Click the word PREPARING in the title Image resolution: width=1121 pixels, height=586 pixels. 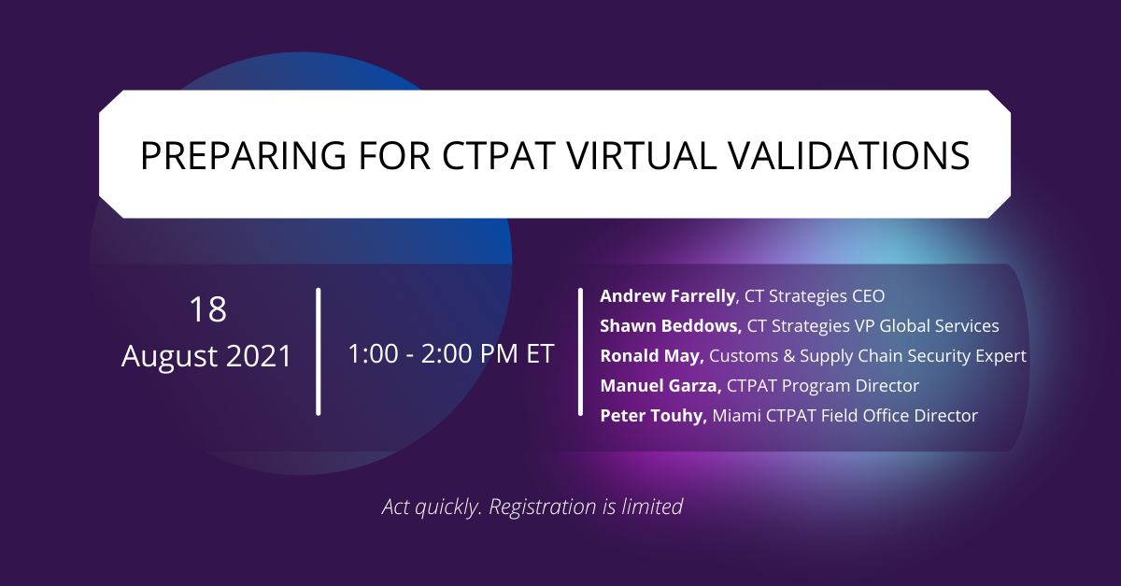(243, 155)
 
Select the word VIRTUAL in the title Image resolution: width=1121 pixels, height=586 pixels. (641, 155)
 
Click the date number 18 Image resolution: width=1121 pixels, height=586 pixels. (207, 309)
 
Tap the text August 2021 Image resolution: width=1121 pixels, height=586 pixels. (206, 356)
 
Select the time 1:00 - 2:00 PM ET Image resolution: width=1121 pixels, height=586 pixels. (450, 353)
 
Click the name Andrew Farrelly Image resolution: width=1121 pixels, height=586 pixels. (668, 296)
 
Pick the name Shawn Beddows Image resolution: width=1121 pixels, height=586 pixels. (671, 326)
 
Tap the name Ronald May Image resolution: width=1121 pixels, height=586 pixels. (652, 356)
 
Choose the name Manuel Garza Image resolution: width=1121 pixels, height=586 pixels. (660, 386)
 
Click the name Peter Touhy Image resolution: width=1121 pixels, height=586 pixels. (653, 416)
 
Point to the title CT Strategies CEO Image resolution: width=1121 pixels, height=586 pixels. (815, 296)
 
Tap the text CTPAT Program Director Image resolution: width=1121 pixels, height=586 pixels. (823, 386)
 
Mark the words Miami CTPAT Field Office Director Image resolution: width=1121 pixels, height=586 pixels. (844, 416)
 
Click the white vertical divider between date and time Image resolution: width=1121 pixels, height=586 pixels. (319, 351)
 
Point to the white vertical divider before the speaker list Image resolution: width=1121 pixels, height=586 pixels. (580, 351)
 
